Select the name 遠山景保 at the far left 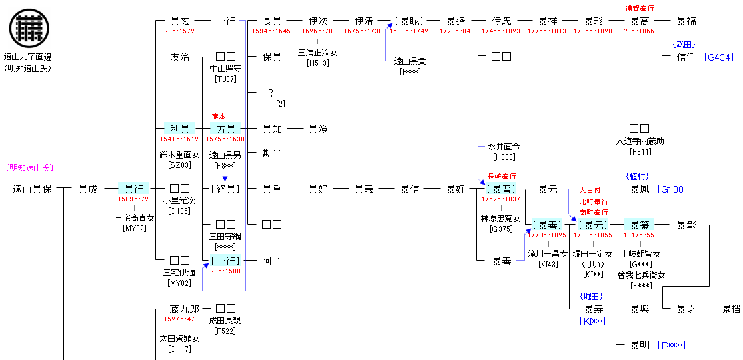pyautogui.click(x=32, y=189)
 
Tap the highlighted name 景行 pyautogui.click(x=133, y=189)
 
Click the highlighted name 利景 pyautogui.click(x=180, y=129)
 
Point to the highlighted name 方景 pyautogui.click(x=226, y=129)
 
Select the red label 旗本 pyautogui.click(x=219, y=117)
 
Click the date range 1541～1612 pyautogui.click(x=179, y=139)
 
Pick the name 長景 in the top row pyautogui.click(x=272, y=21)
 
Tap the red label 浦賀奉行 pyautogui.click(x=639, y=9)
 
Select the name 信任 pyautogui.click(x=686, y=57)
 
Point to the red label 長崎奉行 pyautogui.click(x=502, y=177)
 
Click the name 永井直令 pyautogui.click(x=504, y=146)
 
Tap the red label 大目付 pyautogui.click(x=590, y=190)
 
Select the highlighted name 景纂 pyautogui.click(x=640, y=225)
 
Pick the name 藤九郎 pyautogui.click(x=185, y=309)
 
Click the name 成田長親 pyautogui.click(x=225, y=320)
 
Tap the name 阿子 pyautogui.click(x=272, y=261)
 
